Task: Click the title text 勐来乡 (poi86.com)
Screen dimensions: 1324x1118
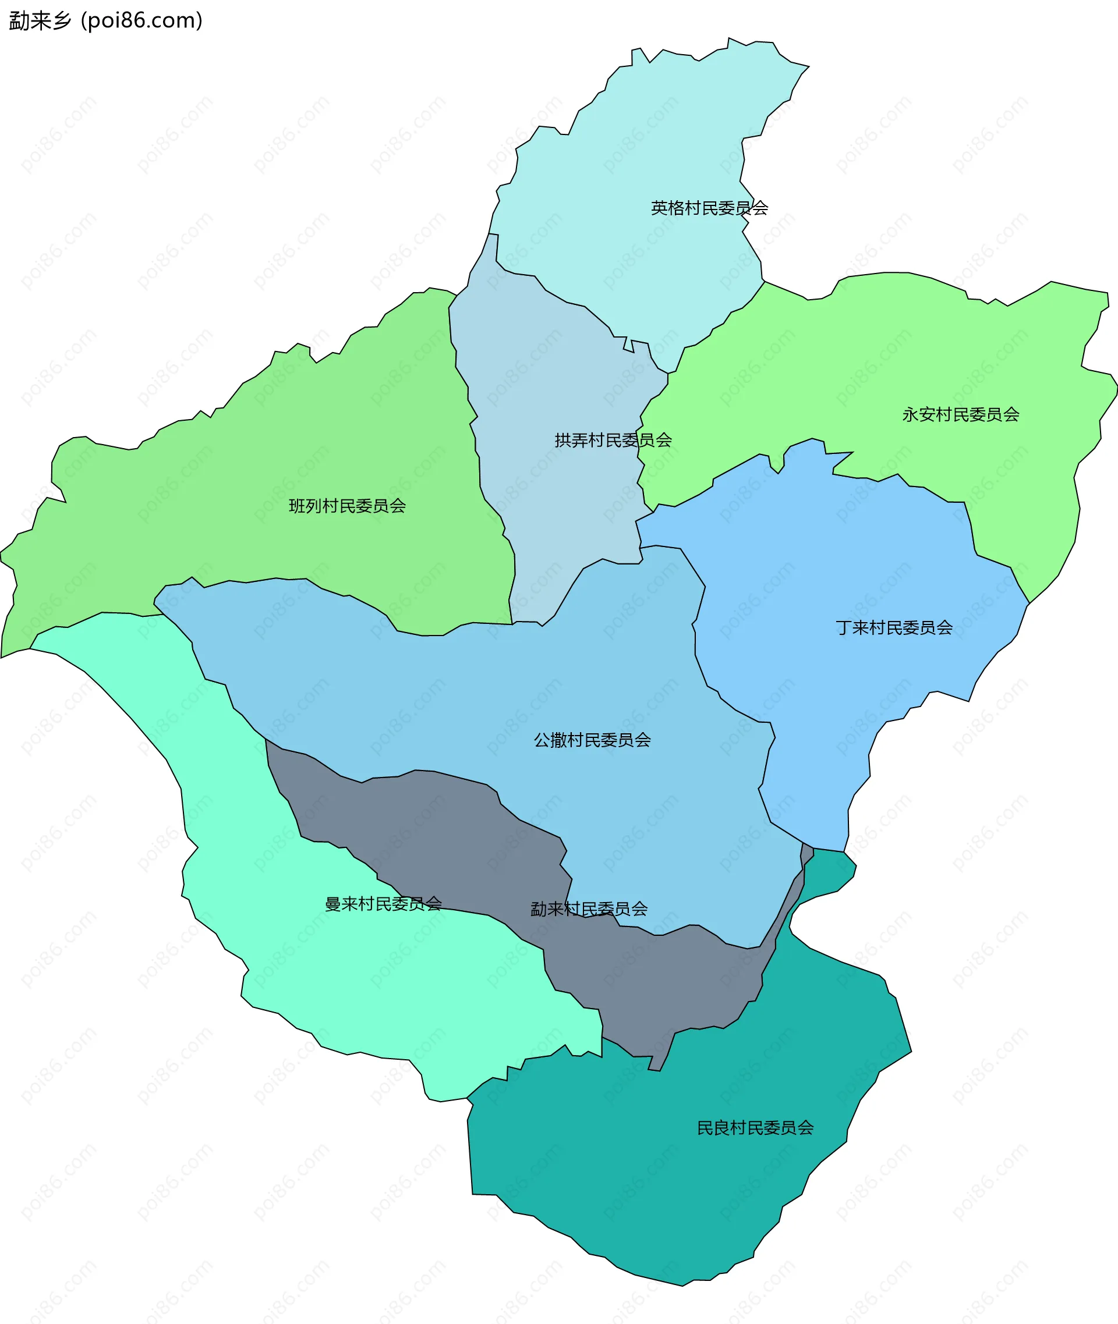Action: (105, 20)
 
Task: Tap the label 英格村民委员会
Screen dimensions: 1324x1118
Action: (709, 208)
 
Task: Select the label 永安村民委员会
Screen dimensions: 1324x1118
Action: (960, 414)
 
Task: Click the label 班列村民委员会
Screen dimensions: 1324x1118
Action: (346, 506)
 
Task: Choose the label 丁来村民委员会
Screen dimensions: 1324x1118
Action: (894, 627)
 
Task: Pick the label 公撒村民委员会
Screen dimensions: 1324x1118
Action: (592, 739)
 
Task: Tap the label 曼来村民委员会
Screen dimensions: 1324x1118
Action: (383, 903)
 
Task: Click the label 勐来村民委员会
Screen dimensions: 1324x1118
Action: (589, 908)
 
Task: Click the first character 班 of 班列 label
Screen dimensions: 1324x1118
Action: (296, 506)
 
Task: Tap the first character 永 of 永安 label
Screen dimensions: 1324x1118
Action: (910, 414)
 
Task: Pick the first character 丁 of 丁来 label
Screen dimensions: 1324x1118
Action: (843, 627)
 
